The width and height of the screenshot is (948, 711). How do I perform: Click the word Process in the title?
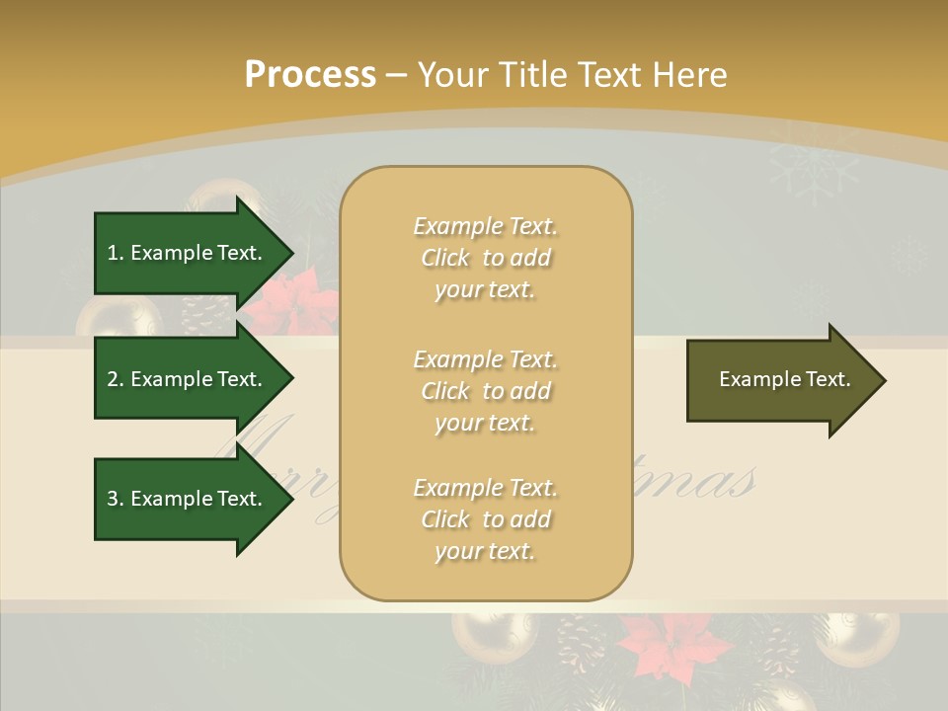pos(310,75)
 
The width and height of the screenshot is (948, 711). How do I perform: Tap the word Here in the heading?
pos(688,75)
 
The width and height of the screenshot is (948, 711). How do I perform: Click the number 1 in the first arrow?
pos(113,253)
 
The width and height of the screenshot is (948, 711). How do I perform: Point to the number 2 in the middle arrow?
pos(113,379)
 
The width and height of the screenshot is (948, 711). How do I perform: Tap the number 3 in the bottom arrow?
pos(113,499)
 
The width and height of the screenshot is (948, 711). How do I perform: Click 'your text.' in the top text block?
pos(485,290)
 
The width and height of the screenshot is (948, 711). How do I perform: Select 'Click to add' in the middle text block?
pos(485,391)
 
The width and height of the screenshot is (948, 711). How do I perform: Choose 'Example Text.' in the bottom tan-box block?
pos(485,488)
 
